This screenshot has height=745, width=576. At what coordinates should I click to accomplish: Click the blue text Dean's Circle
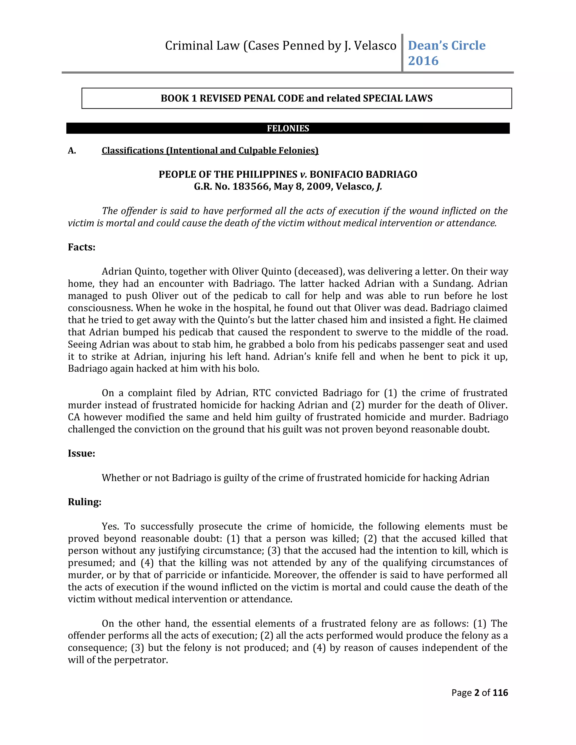click(446, 45)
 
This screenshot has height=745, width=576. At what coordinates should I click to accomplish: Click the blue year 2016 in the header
click(423, 61)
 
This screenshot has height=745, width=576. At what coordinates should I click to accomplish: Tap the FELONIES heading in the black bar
click(288, 128)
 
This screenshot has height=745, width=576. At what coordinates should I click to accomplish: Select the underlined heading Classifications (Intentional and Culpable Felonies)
click(210, 150)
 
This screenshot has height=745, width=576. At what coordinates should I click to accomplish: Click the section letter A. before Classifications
click(72, 150)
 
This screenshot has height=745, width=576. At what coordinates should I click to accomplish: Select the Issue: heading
click(81, 453)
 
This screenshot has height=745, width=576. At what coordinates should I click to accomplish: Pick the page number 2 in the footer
click(477, 692)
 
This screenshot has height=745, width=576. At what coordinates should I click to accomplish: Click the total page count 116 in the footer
click(500, 692)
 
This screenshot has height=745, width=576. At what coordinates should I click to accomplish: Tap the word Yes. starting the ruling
click(110, 526)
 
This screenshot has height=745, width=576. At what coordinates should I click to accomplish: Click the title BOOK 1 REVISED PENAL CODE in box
click(232, 98)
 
